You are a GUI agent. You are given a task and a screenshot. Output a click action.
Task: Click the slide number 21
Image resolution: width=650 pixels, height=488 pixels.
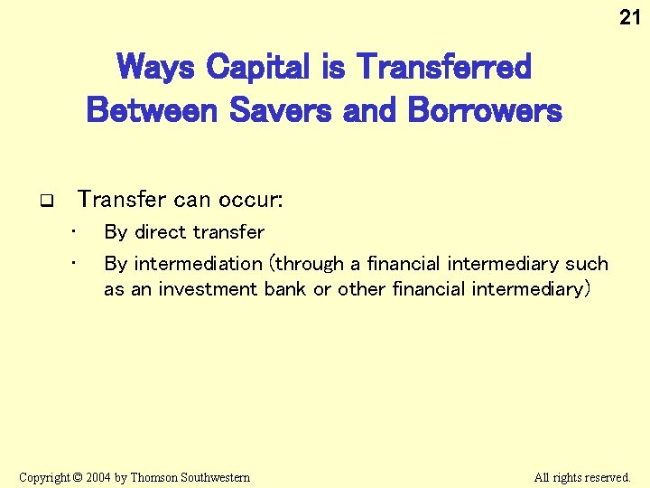pos(629,16)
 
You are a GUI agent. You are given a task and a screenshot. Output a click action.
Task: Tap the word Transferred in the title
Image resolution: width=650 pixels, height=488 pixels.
pos(445,67)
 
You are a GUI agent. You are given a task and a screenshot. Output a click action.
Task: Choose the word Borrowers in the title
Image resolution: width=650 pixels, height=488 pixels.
pos(485,110)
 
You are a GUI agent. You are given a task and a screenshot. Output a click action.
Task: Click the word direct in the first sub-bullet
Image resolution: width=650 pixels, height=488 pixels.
pos(163,232)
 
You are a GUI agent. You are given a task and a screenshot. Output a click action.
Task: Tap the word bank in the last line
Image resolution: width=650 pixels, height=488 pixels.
pos(286,289)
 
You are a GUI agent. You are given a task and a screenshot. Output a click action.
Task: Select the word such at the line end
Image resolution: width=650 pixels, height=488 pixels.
pos(587,264)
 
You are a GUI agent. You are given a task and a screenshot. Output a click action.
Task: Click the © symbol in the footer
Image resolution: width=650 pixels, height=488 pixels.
pos(79,477)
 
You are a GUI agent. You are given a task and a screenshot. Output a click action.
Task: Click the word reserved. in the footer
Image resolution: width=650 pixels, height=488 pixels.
pos(608,477)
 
